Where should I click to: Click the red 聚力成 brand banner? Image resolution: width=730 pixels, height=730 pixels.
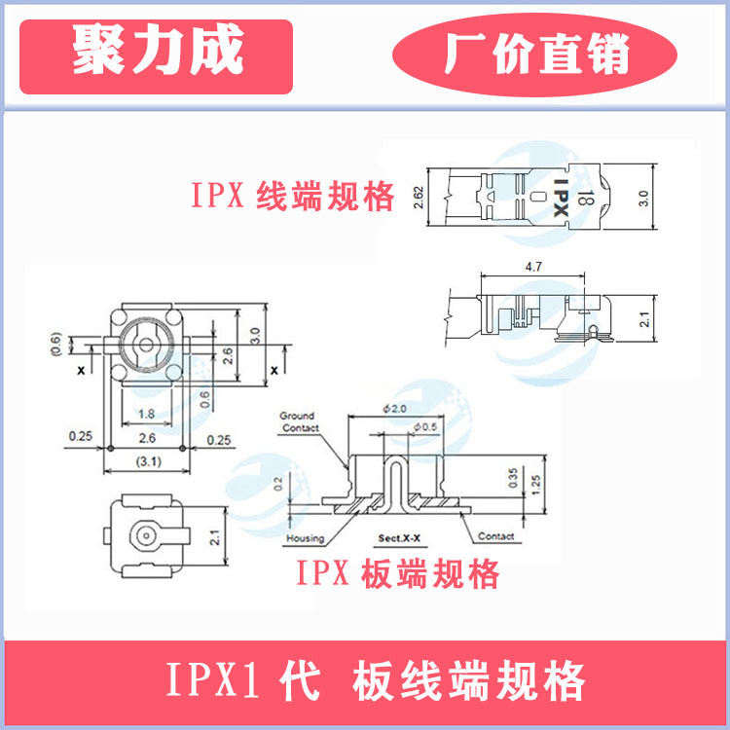click(x=156, y=54)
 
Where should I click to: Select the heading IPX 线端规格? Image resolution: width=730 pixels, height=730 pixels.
click(x=292, y=198)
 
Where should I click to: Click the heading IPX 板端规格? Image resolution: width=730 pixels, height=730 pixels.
click(x=398, y=574)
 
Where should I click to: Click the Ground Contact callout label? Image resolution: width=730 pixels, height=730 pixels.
click(x=300, y=421)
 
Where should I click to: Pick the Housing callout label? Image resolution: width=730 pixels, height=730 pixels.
click(x=305, y=538)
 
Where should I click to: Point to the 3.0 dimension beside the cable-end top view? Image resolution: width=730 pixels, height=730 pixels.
click(x=669, y=199)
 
